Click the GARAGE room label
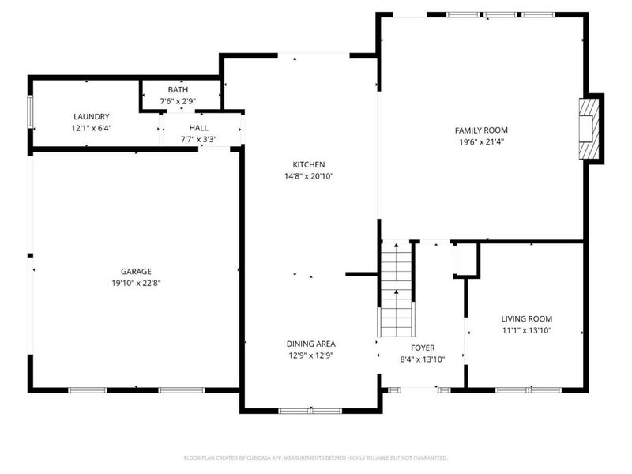136,271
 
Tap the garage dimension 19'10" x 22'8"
136,283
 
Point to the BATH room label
179,90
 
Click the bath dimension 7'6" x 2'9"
179,101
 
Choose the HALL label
198,127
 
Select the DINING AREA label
310,344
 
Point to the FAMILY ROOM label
480,130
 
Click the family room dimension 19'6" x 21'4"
480,142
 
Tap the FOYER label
423,348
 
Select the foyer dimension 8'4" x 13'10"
423,359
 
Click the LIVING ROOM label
526,318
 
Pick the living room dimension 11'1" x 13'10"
526,330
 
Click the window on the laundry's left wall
31,113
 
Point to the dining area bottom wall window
310,410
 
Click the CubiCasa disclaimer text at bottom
316,457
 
